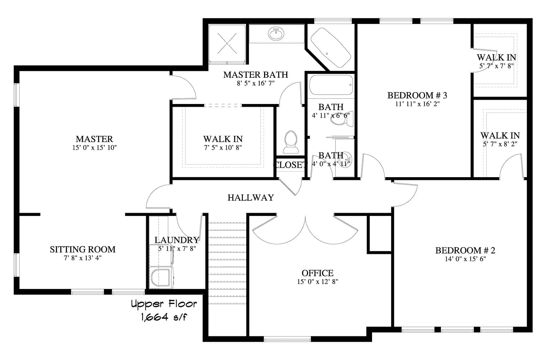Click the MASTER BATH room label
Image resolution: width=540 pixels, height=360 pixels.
255,75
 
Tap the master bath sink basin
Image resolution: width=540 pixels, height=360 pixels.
276,34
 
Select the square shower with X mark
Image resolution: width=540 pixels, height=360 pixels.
227,43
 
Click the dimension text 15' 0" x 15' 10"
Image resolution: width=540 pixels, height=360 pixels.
94,148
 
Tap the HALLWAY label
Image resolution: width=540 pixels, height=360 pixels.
251,198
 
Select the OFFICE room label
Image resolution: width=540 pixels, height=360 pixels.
318,273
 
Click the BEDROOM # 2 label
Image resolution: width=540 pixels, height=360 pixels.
465,251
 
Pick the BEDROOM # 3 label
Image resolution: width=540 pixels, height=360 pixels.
417,95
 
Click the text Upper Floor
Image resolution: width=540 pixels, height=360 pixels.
164,304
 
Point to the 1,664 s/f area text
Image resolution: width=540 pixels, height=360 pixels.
164,317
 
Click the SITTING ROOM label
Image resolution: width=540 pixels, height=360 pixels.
83,250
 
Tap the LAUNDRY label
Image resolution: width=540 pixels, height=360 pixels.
177,240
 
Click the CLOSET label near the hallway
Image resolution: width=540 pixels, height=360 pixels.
290,165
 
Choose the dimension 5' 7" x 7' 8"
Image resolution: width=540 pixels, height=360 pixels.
496,66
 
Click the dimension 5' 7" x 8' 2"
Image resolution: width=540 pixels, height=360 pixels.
500,144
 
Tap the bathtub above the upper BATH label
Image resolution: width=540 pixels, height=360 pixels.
331,85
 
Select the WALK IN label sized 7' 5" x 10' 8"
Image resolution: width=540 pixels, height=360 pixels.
223,139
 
